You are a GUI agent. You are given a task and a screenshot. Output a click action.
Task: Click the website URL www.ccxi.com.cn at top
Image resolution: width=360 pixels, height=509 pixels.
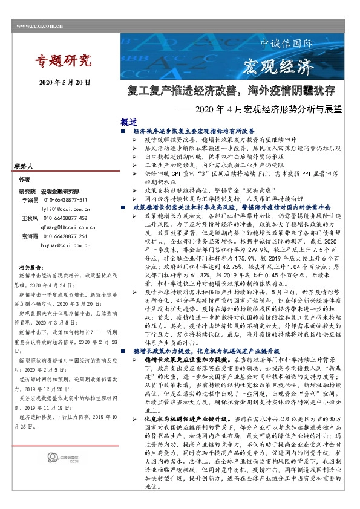tap(40, 26)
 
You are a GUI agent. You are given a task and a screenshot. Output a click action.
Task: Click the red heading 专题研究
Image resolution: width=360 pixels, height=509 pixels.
tap(63, 60)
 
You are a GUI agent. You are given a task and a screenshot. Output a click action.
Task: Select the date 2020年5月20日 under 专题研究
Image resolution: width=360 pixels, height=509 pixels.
tap(65, 82)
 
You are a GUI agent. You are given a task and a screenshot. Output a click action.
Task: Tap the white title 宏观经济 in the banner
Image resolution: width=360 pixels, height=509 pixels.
tap(280, 66)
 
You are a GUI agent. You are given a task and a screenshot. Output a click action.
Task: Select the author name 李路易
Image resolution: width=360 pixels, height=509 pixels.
tap(30, 199)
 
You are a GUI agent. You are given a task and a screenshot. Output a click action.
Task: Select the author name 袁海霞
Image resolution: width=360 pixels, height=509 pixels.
tap(30, 236)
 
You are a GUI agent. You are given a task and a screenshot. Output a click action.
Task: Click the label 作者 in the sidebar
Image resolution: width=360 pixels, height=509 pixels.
tap(24, 180)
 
